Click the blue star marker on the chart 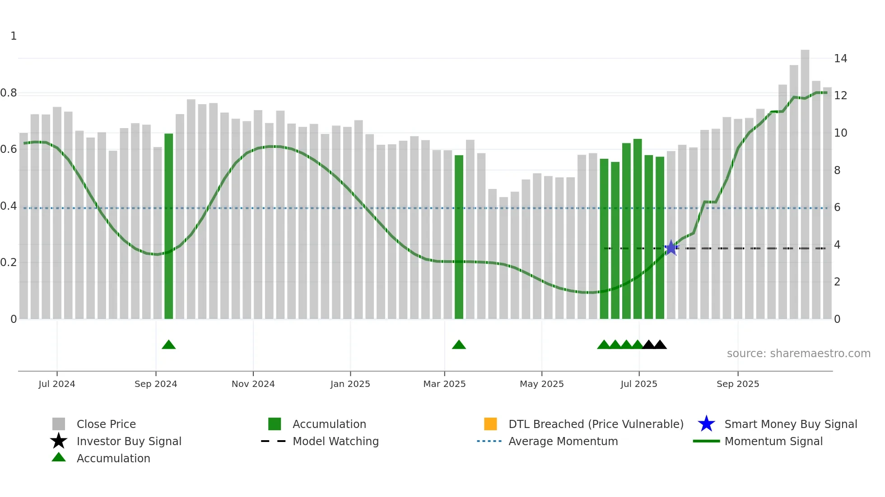pos(671,248)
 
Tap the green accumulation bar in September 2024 pos(168,225)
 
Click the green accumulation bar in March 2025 pos(459,237)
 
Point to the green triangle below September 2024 pos(168,345)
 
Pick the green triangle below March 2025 pos(459,345)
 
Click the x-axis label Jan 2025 pos(350,384)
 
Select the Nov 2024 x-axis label pos(253,384)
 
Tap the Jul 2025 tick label pos(638,384)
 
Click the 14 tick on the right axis pos(840,59)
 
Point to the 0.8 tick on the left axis pos(9,93)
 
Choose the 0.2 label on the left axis pos(9,262)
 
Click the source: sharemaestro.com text pos(798,354)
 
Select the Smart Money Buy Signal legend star pos(706,424)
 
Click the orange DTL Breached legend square pos(490,424)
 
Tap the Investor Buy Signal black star pos(59,441)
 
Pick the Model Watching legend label pos(335,441)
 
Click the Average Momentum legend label pos(563,441)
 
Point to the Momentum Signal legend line pos(706,441)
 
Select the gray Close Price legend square pos(59,424)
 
